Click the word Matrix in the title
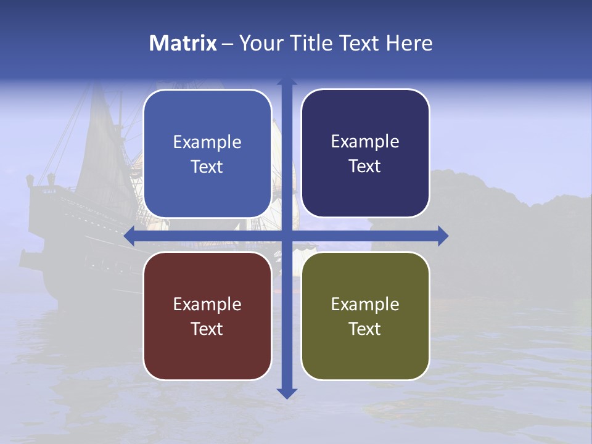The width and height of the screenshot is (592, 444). pyautogui.click(x=183, y=43)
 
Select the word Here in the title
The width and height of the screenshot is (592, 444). pyautogui.click(x=409, y=43)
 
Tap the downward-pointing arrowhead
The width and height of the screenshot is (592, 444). pyautogui.click(x=287, y=393)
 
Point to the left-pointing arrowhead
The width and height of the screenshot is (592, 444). pyautogui.click(x=129, y=236)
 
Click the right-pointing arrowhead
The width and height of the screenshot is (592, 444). pyautogui.click(x=443, y=236)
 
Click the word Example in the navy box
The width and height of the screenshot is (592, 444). pyautogui.click(x=365, y=142)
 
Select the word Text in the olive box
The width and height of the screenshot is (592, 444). pyautogui.click(x=365, y=329)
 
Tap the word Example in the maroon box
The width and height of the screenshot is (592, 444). pyautogui.click(x=207, y=304)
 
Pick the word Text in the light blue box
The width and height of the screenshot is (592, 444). pyautogui.click(x=207, y=166)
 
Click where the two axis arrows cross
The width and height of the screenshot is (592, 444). pyautogui.click(x=287, y=236)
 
